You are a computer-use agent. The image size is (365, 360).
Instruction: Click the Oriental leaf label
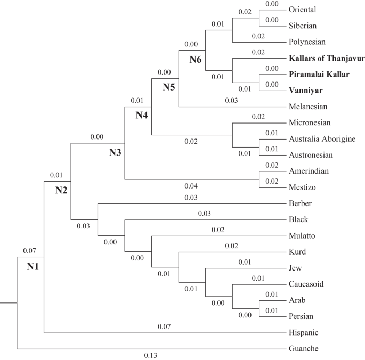tap(302, 9)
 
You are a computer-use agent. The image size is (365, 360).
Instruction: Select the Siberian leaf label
tap(302, 25)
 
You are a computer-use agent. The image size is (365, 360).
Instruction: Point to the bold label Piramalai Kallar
tap(319, 74)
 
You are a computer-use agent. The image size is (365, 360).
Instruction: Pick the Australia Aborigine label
tap(321, 139)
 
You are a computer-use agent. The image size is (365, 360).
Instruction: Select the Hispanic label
tap(304, 333)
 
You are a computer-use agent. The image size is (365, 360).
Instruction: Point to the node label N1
tap(34, 266)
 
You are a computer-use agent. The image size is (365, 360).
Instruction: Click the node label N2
tap(62, 191)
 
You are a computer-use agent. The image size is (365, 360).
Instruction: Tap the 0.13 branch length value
tap(151, 355)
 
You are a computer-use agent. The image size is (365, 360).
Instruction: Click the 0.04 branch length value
tap(191, 186)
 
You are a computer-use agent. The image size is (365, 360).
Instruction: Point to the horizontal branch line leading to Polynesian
tap(256, 42)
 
